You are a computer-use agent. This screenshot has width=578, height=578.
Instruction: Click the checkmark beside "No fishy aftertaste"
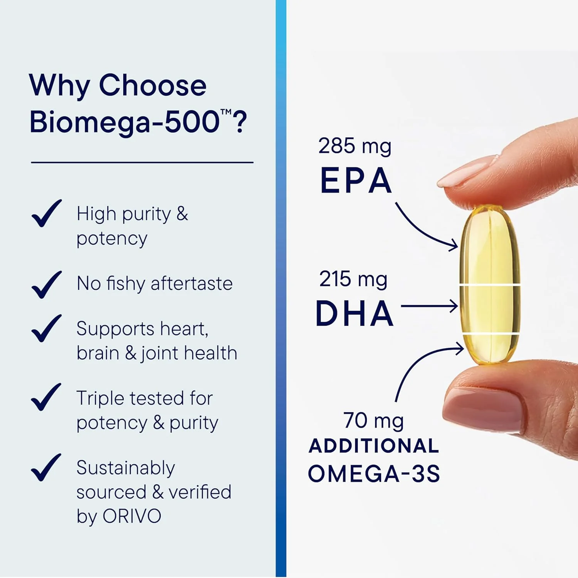click(x=46, y=285)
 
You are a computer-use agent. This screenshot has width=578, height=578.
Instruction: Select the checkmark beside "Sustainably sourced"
click(x=46, y=467)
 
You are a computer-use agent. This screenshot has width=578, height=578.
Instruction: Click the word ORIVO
click(x=132, y=516)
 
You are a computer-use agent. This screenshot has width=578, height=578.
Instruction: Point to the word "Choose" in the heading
click(x=153, y=85)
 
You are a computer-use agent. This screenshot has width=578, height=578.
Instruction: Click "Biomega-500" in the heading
click(x=124, y=122)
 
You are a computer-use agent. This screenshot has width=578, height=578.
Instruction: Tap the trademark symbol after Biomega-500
click(x=226, y=112)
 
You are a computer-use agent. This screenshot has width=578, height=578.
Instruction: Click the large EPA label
click(x=356, y=180)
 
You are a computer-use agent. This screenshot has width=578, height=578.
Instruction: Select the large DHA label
click(x=355, y=314)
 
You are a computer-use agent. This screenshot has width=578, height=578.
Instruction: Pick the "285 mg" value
click(x=355, y=146)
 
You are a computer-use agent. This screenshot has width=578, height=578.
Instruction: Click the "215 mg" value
click(x=353, y=279)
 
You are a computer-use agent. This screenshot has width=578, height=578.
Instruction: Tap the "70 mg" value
click(x=373, y=420)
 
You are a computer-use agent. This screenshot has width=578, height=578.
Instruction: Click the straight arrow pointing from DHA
click(x=429, y=306)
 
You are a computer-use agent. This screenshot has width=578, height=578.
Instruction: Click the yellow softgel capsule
click(x=489, y=285)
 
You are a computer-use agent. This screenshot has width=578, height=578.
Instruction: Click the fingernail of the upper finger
click(x=466, y=171)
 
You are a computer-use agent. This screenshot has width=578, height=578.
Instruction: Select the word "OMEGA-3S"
click(x=373, y=474)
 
